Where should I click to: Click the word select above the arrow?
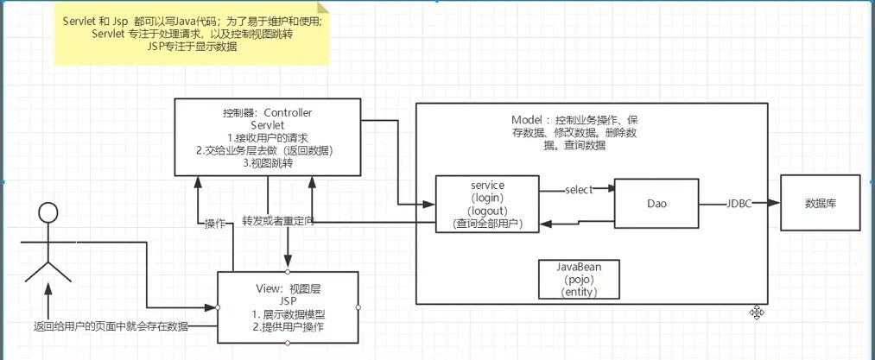click(577, 190)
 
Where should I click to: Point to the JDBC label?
click(738, 205)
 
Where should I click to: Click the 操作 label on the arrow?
click(214, 223)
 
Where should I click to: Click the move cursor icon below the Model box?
click(757, 313)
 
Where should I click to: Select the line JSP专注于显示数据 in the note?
click(192, 47)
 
